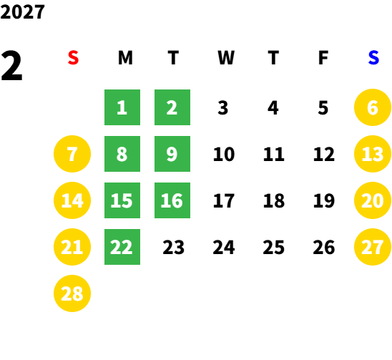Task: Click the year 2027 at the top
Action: point(22,12)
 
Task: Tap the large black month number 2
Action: point(11,66)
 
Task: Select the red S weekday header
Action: point(73,58)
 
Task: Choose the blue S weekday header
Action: point(373,58)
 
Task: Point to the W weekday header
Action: point(226,58)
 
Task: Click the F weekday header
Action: point(323,58)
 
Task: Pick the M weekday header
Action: point(125,58)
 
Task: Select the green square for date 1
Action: point(122,107)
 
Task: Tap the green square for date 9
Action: point(172,154)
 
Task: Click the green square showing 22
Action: point(122,247)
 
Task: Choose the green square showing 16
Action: point(172,200)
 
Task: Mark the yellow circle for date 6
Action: point(373,107)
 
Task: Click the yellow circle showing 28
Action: point(72,293)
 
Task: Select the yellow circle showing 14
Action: point(72,200)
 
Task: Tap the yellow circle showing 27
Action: point(373,247)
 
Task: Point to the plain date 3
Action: point(223,108)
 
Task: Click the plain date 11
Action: point(274,154)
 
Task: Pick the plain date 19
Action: point(324,200)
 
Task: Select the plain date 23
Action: point(174,248)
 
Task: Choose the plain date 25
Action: point(274,248)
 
